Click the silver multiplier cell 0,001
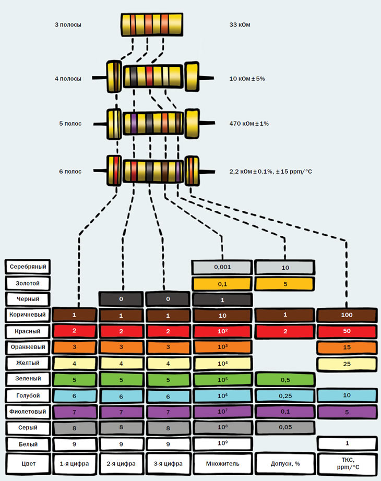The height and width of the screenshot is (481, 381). [222, 267]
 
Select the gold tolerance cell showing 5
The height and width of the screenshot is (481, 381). [284, 283]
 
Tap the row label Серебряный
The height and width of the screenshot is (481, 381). [29, 267]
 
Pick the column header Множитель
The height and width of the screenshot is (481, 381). [222, 462]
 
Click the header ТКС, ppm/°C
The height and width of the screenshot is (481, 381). [347, 462]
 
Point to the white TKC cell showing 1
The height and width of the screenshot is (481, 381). [347, 444]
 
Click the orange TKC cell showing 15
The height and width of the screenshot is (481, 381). [347, 347]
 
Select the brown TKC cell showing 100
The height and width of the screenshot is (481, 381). [347, 315]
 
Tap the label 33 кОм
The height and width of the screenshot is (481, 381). [240, 25]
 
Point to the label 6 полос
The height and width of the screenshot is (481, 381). [70, 171]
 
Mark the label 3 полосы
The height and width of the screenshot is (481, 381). [68, 25]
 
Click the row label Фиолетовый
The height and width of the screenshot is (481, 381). [29, 412]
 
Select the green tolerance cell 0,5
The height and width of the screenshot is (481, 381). [284, 379]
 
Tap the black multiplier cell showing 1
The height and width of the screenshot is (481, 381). [222, 299]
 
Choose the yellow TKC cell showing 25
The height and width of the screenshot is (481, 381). [347, 363]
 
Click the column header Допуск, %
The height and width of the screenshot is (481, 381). [284, 462]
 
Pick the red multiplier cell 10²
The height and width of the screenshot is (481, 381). [222, 331]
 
